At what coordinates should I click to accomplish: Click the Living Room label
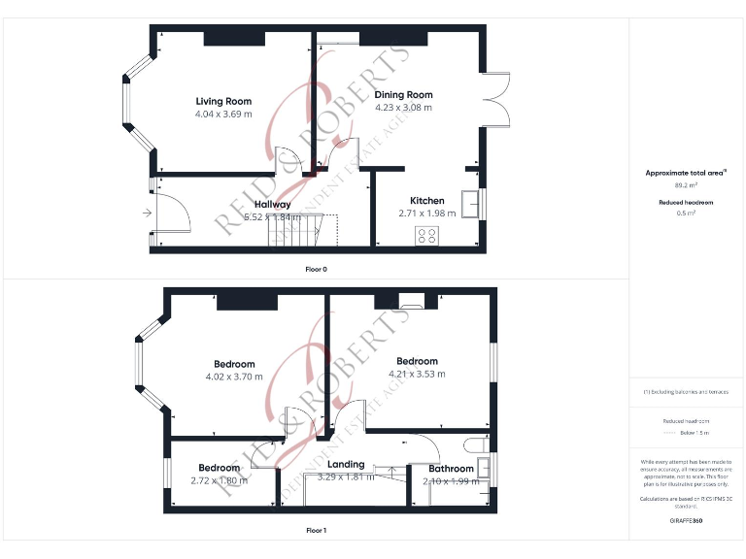click(x=223, y=101)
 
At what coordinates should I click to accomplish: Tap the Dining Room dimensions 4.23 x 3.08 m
click(x=404, y=108)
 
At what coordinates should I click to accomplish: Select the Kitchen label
click(x=427, y=201)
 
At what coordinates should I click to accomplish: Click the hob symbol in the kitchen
click(x=425, y=234)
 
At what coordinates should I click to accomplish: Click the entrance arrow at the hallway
click(x=146, y=212)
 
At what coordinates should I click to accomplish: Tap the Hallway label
click(x=273, y=205)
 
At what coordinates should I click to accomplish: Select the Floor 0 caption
click(x=317, y=268)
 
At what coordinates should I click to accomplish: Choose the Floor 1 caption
click(x=317, y=531)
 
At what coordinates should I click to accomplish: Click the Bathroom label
click(x=451, y=470)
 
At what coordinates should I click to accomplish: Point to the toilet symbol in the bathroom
click(x=476, y=445)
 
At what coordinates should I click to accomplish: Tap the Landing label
click(x=346, y=465)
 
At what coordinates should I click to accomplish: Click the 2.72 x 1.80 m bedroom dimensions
click(x=219, y=480)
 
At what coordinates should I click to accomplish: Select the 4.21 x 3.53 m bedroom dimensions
click(x=417, y=374)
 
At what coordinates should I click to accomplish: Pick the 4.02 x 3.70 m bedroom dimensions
click(x=234, y=377)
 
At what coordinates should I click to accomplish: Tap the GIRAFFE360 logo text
click(x=686, y=521)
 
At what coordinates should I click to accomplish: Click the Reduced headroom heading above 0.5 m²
click(x=686, y=202)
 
